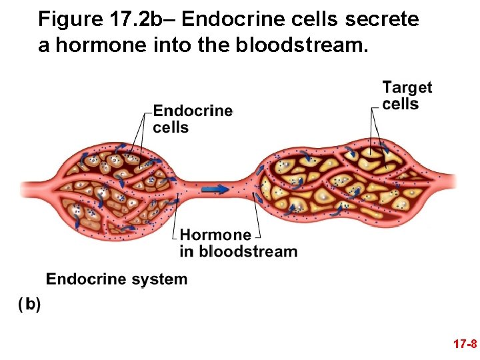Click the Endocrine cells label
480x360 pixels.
(193, 119)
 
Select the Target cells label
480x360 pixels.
(407, 95)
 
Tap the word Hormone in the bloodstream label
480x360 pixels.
(215, 235)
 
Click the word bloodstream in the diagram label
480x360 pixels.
(248, 251)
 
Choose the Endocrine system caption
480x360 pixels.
(117, 279)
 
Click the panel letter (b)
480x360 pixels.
(29, 305)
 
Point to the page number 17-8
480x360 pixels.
(464, 345)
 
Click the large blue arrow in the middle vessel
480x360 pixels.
(215, 189)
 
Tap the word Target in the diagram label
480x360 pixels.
(407, 87)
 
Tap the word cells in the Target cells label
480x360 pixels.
(400, 104)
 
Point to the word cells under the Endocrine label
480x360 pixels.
(171, 127)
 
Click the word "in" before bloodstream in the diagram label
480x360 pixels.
(187, 251)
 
